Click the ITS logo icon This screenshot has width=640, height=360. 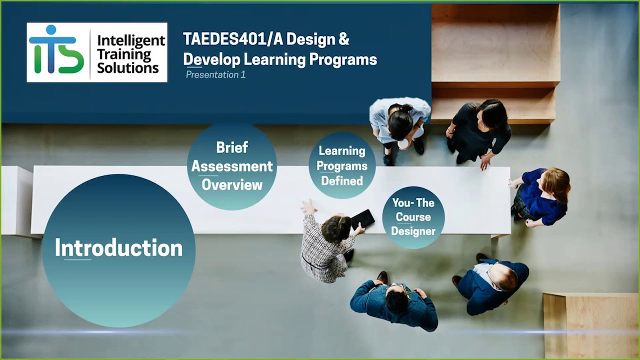point(56,50)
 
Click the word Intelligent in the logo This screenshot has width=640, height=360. point(131,41)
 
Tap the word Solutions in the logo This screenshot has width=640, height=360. point(127,67)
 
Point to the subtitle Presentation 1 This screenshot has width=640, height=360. point(215,75)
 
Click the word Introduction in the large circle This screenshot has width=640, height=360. point(118,248)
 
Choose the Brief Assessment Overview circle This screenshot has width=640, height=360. point(232,166)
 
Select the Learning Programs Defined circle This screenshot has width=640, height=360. point(342,165)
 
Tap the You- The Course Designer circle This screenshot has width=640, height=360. point(413,217)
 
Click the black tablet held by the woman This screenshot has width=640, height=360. point(363,219)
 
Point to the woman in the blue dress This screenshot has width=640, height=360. point(541,196)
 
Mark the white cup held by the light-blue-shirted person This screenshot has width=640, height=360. point(402,144)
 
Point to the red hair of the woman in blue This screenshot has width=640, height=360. point(557,183)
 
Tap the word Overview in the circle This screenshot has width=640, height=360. point(232,185)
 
